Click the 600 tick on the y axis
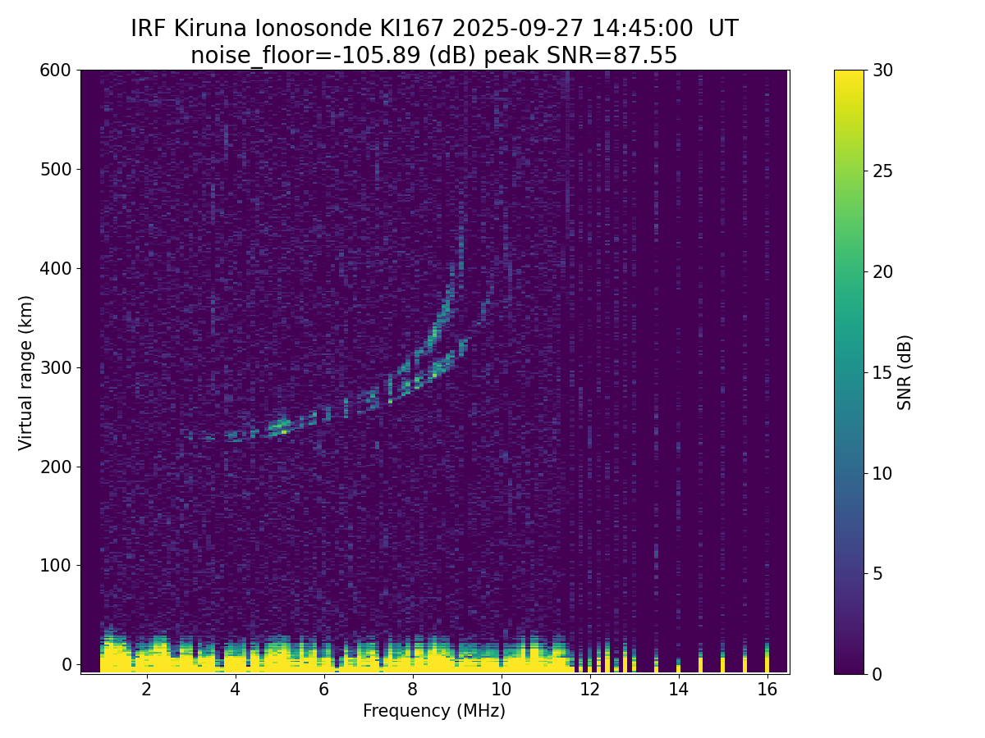point(56,71)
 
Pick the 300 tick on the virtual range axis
point(56,367)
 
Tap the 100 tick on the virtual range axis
point(56,566)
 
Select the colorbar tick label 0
point(877,674)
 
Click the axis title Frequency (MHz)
point(434,712)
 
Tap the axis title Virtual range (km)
point(26,372)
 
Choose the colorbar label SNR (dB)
point(905,372)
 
